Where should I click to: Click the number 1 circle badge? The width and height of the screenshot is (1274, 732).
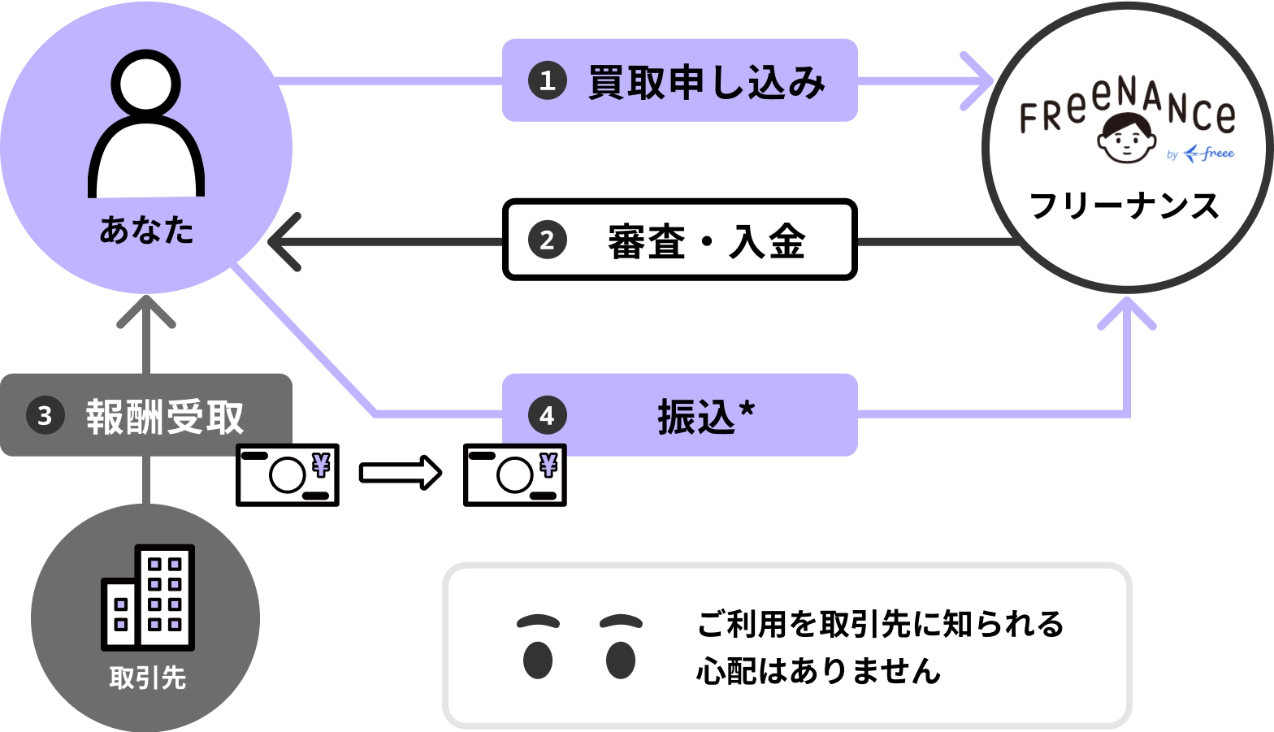point(547,81)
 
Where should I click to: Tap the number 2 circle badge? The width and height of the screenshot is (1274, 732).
point(547,240)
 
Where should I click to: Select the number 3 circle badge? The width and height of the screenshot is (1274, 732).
point(45,416)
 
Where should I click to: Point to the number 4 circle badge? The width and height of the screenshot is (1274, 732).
point(547,416)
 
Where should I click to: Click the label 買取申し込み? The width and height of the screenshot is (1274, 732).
point(706,83)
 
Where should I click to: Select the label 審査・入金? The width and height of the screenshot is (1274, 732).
point(706,241)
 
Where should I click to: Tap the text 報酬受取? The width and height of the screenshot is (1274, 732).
point(165,417)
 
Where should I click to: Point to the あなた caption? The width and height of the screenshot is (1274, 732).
point(146,230)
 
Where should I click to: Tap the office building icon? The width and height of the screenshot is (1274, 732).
point(148,597)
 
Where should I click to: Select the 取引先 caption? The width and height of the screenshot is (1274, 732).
point(148,678)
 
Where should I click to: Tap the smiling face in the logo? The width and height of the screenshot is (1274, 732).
point(1126,138)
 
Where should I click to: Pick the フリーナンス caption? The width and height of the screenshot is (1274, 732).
point(1124,206)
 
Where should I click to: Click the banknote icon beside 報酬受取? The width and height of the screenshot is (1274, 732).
point(287,474)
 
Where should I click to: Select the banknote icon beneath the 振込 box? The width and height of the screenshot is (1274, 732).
point(516,474)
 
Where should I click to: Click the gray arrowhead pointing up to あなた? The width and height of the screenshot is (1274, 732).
point(146,313)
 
